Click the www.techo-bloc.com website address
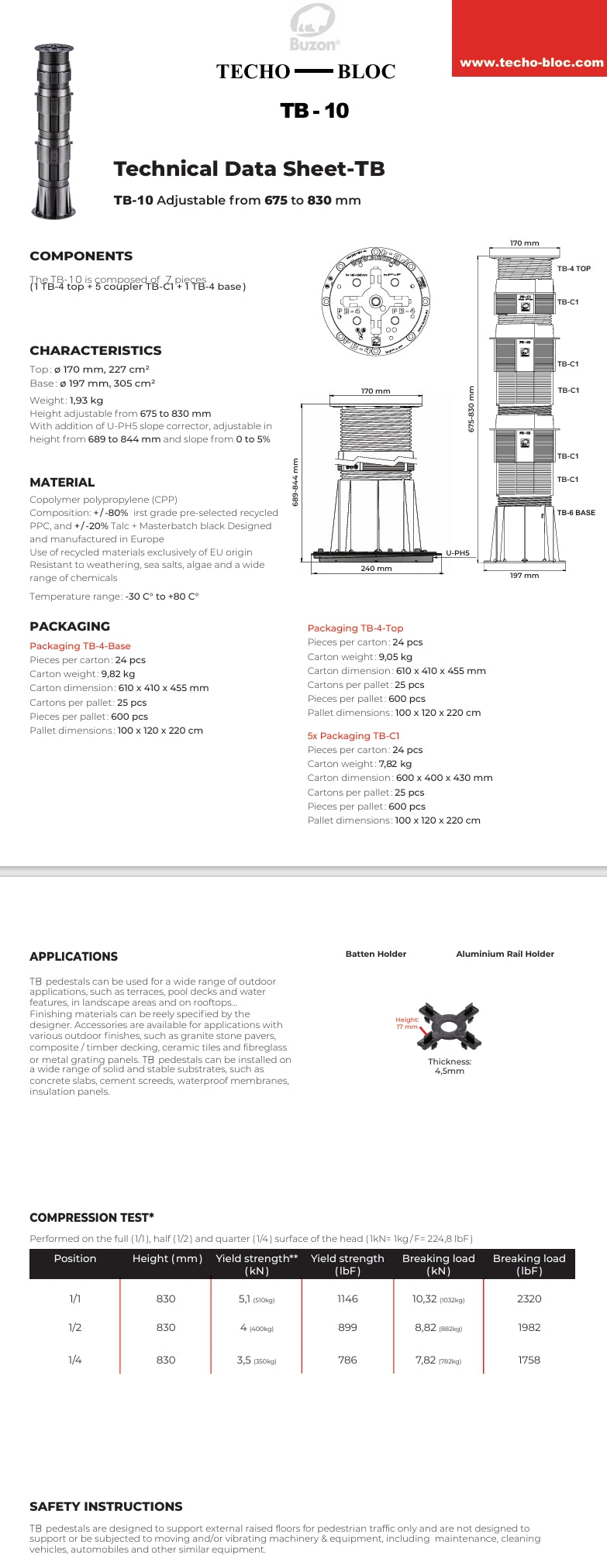coord(531,63)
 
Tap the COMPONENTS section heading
coord(81,256)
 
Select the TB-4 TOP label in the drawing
coord(574,269)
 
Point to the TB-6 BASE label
coord(576,513)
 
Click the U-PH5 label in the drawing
coord(457,553)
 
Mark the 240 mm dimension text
coord(376,569)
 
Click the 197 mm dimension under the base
coord(524,576)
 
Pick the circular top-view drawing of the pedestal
coord(375,301)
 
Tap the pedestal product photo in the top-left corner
coord(53,132)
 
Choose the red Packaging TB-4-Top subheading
coord(355,628)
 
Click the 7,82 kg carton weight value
coord(395,764)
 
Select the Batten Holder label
coord(375,954)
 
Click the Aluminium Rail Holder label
coord(505,954)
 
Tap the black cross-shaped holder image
coord(450,1027)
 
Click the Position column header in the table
coord(75,1258)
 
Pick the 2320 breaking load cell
coord(529,1298)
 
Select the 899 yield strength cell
coord(347,1327)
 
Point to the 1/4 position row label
coord(75,1360)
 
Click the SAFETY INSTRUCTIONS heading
coord(106,1506)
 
